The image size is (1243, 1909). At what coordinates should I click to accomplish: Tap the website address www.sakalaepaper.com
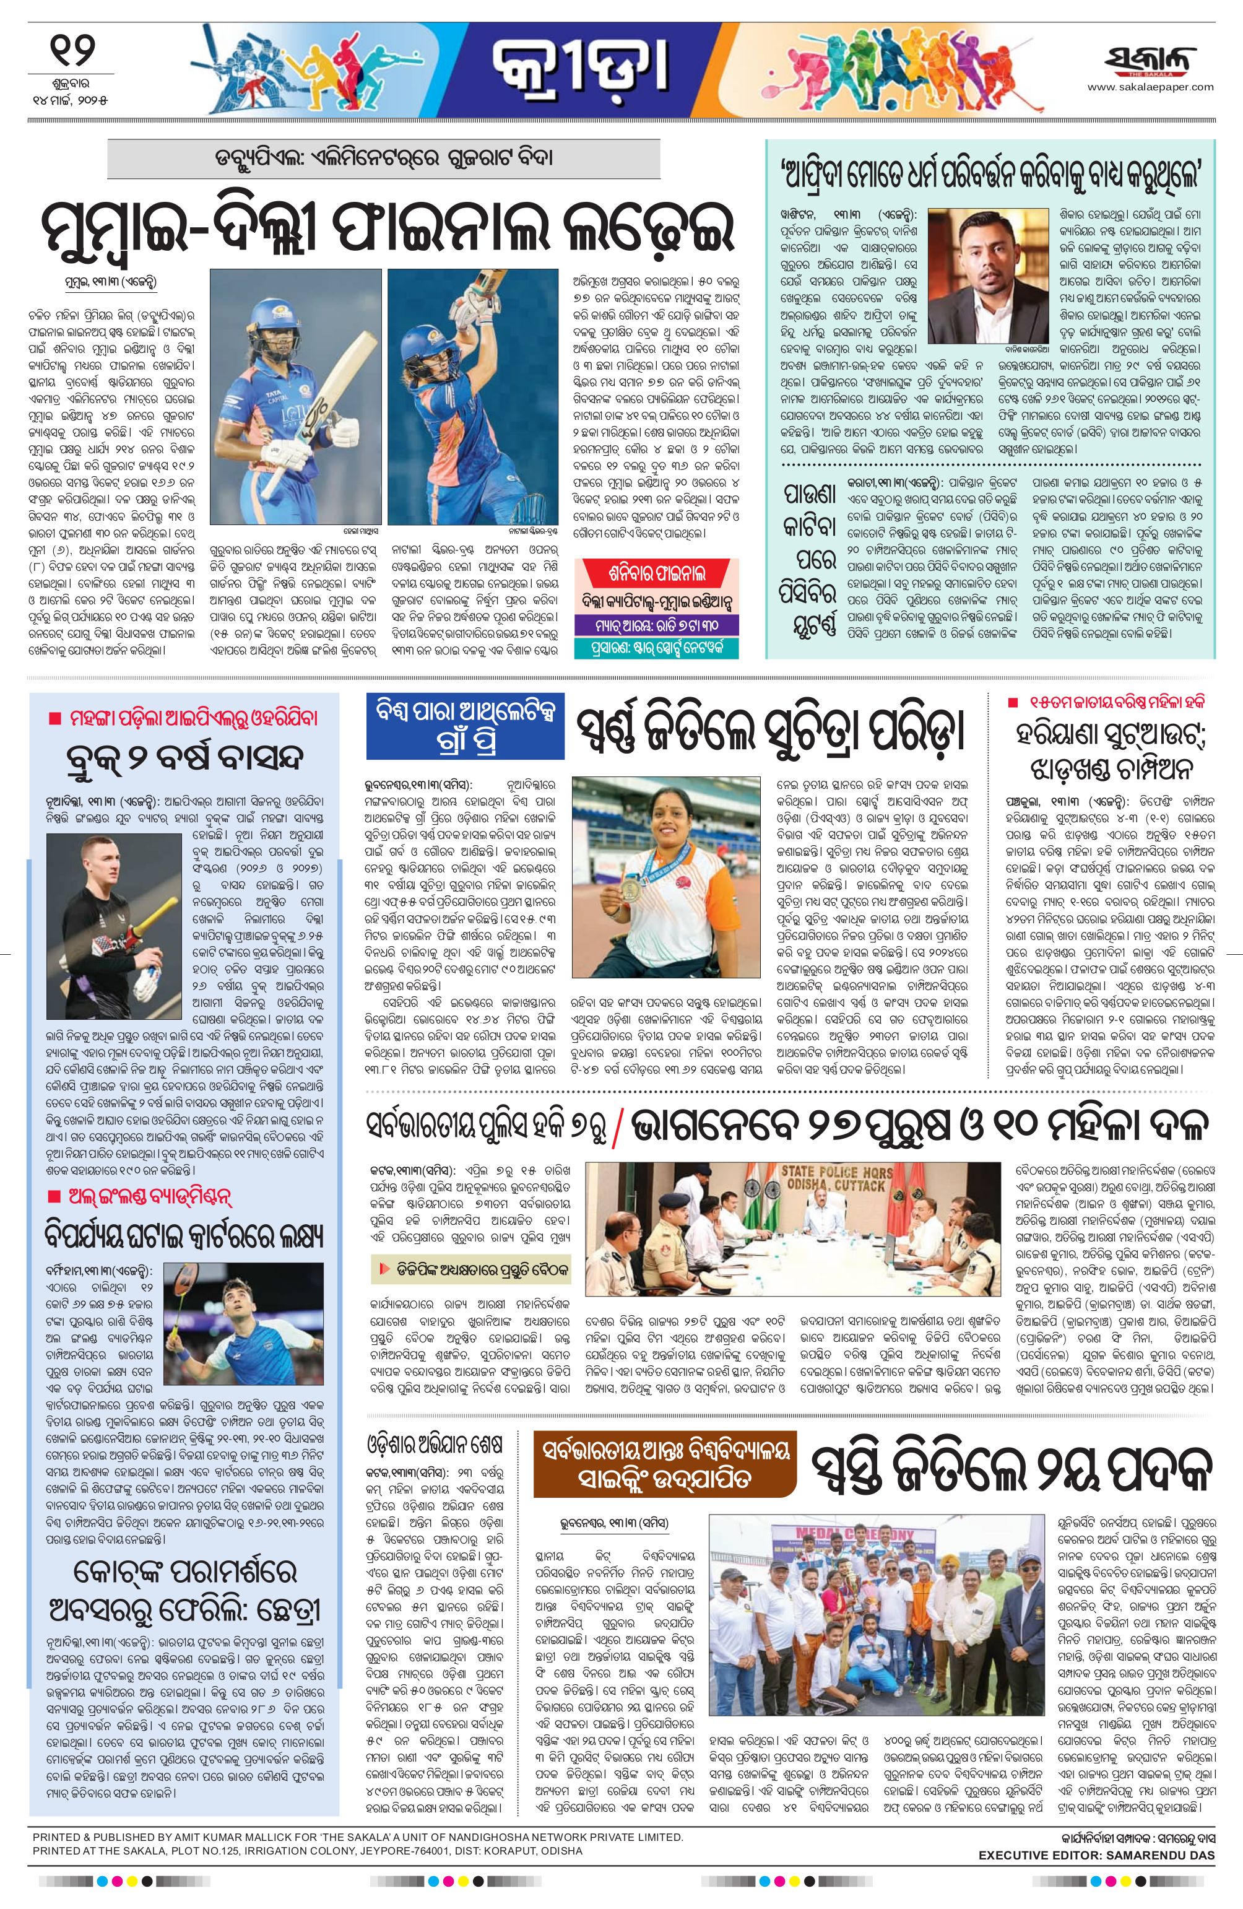(1149, 87)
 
